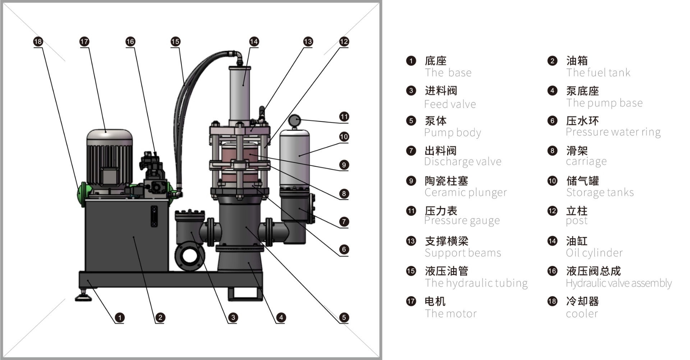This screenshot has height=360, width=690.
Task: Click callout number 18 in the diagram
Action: [x=38, y=42]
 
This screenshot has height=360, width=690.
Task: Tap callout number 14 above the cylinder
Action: [x=254, y=42]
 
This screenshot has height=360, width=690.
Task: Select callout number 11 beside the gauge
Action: [x=344, y=117]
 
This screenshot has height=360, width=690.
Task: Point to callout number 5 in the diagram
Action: [x=344, y=317]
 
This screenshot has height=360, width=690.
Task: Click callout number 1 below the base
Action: [x=119, y=318]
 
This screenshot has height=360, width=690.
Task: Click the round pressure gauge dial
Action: [x=294, y=121]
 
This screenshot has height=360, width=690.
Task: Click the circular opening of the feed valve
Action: [x=189, y=256]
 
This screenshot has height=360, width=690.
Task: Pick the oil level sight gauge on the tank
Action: [x=154, y=216]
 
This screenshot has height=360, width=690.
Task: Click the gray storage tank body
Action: [x=294, y=158]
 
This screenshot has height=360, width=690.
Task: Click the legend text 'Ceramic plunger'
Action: [x=465, y=193]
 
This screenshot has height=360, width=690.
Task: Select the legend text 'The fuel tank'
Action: [x=598, y=73]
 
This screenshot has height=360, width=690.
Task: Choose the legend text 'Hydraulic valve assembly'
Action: [x=618, y=283]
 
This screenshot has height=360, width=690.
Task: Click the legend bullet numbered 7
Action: [x=411, y=151]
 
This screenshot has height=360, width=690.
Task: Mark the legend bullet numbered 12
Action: [x=552, y=211]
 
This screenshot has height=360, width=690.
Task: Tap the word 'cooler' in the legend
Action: [x=582, y=314]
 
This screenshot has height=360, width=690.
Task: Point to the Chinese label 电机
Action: [x=435, y=301]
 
